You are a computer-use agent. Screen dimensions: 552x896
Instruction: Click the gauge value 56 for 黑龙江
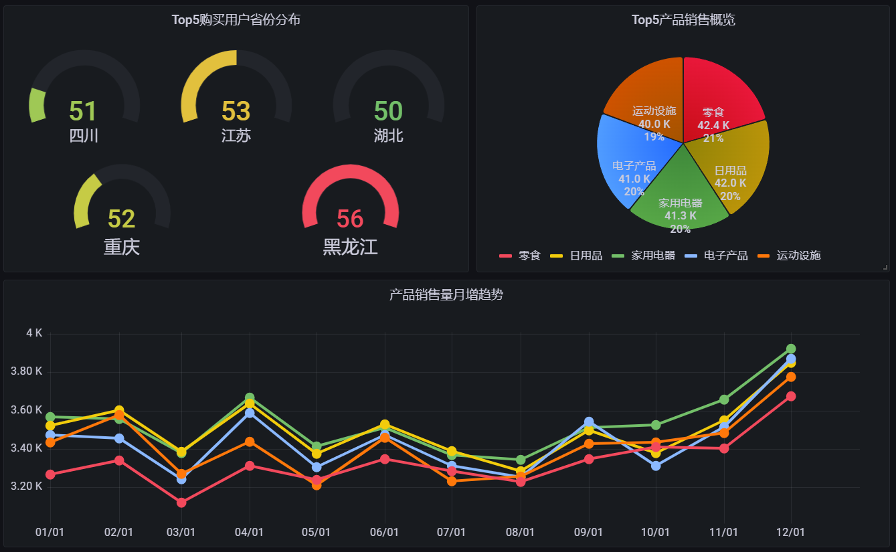tap(350, 219)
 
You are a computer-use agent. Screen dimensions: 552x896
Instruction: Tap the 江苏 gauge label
tap(236, 136)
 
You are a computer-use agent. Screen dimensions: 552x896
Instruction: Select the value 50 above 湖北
tap(388, 111)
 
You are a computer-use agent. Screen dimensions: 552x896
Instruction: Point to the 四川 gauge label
tap(84, 136)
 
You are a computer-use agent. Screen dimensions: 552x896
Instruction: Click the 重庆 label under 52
tap(122, 247)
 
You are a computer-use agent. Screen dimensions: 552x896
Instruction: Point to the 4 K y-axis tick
tap(34, 333)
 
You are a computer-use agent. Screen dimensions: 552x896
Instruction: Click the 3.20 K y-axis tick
tap(27, 486)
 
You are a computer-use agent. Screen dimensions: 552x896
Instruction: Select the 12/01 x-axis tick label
tap(790, 532)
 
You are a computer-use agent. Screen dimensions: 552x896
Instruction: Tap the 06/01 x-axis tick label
tap(384, 532)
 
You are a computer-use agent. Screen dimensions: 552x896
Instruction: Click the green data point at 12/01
tap(791, 349)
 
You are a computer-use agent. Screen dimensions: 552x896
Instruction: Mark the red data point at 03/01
tap(181, 502)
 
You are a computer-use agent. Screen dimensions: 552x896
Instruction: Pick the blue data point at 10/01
tap(656, 466)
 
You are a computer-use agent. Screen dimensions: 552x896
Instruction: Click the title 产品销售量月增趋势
tap(446, 294)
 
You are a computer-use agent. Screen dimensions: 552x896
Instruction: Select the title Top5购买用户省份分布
tap(236, 20)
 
